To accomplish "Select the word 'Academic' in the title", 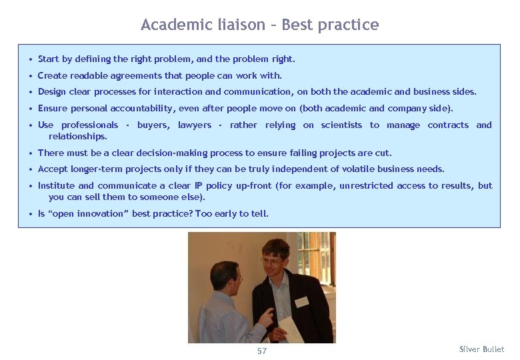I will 175,25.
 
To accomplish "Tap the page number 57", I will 261,351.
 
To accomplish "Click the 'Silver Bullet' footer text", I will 481,349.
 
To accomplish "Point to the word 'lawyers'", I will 195,125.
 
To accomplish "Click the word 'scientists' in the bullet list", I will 341,125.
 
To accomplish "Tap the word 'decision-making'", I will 146,153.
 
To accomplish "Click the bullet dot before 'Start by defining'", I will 31,59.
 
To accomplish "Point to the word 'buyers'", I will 153,125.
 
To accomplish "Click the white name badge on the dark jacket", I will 302,301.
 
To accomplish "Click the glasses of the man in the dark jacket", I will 273,261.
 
